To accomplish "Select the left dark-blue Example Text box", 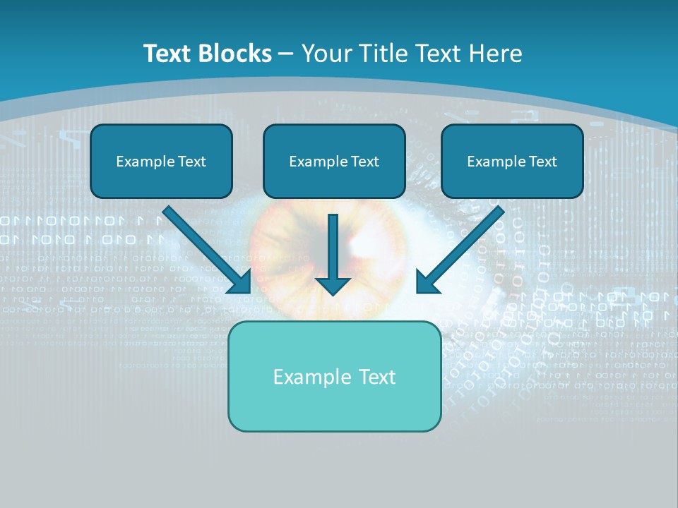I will (x=161, y=161).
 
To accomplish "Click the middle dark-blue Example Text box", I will (x=334, y=161).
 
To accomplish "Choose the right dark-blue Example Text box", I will (x=512, y=161).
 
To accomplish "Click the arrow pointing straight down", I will (x=333, y=254).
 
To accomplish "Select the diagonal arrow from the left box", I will (x=208, y=250).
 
